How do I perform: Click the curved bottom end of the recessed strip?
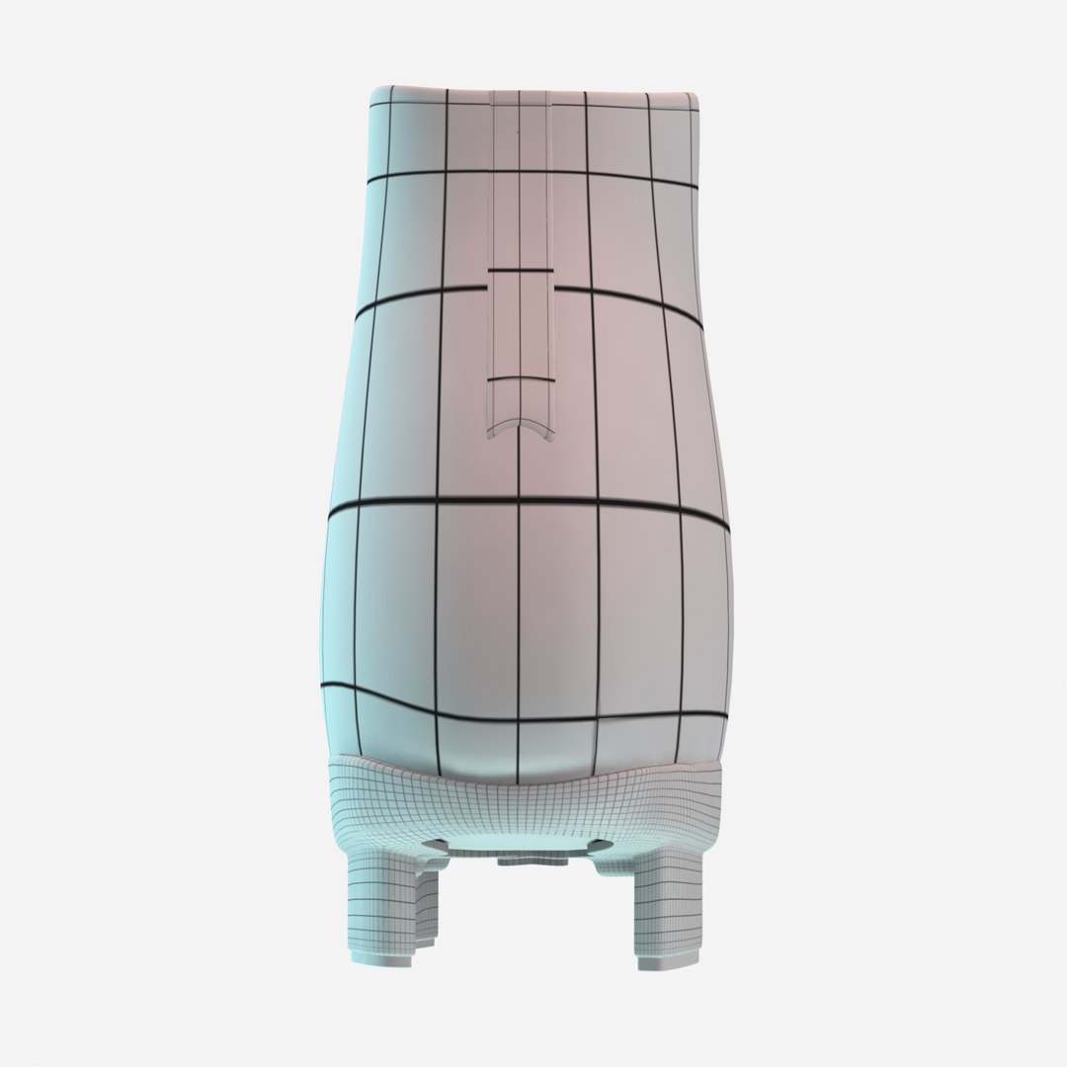click(520, 428)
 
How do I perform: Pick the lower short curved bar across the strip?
click(520, 378)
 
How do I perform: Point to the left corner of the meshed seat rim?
click(336, 766)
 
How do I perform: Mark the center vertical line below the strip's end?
click(520, 593)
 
